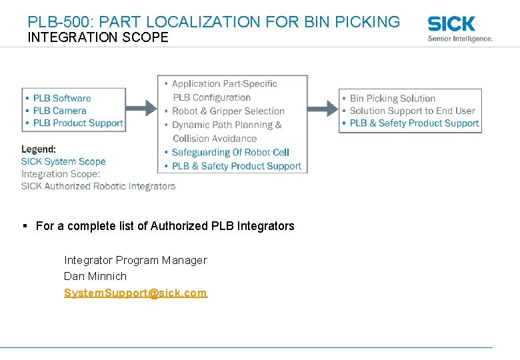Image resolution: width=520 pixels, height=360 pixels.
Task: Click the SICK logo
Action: coord(451,24)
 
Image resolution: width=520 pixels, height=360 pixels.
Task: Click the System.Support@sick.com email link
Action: coord(135,293)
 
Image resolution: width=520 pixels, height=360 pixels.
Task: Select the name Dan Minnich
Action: coord(95,276)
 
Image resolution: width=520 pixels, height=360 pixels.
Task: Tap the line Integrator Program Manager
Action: coord(135,260)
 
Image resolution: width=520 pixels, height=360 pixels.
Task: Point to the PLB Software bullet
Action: coord(62,98)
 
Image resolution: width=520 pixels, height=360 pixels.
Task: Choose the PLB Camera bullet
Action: coord(60,111)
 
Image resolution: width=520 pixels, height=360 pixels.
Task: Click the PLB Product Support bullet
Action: coord(78,123)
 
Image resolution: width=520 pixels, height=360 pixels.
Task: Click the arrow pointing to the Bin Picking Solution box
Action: coord(323,107)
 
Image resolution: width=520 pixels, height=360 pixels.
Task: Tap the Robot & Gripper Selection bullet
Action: coord(228,111)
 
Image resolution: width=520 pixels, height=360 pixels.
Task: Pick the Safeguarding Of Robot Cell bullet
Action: coord(230,153)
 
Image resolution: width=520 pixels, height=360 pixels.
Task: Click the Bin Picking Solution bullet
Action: coord(392,99)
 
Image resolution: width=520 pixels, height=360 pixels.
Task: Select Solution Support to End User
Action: coord(412,111)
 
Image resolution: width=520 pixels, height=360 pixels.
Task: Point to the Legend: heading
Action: coord(39,149)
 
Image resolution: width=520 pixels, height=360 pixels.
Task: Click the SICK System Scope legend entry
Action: coord(63,161)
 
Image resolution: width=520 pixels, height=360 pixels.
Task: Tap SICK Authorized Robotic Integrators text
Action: coord(98,186)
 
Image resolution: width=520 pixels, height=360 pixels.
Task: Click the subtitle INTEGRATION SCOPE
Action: coord(98,37)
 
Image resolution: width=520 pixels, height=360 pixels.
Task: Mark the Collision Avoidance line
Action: coord(215,139)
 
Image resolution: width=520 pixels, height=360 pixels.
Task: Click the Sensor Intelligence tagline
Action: coord(460,39)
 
